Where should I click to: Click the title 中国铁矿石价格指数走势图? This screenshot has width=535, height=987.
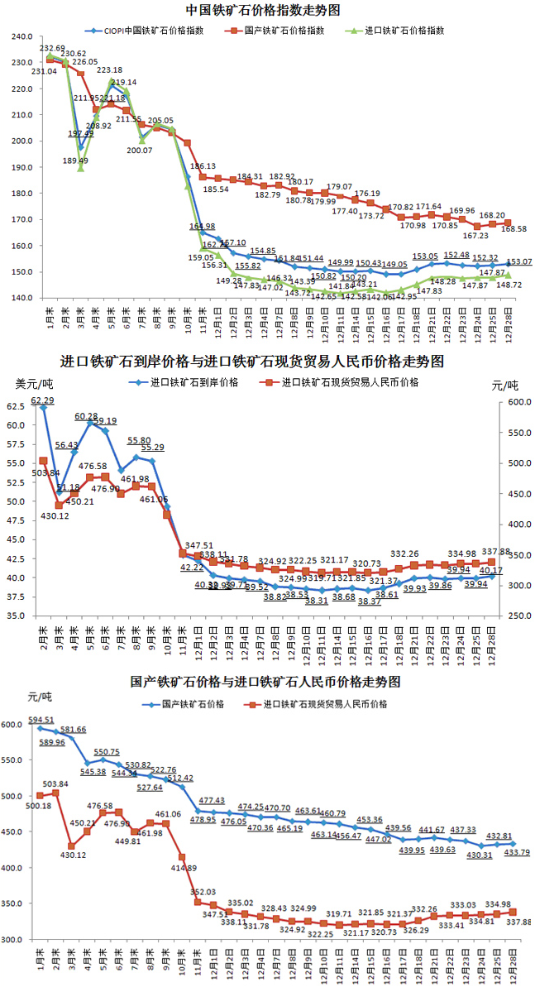click(x=264, y=10)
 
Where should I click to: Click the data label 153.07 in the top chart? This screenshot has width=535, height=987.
click(x=519, y=262)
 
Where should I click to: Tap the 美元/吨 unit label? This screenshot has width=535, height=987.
click(x=31, y=385)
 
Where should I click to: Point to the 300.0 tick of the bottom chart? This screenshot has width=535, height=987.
click(x=15, y=940)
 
